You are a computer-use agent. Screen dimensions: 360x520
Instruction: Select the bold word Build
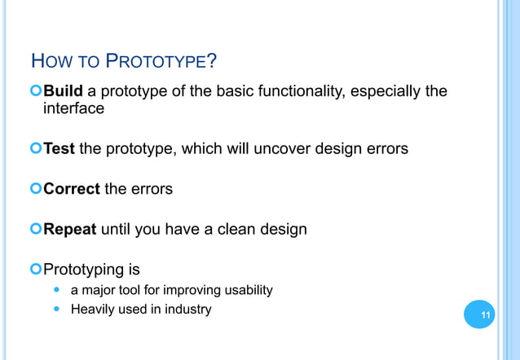pos(63,90)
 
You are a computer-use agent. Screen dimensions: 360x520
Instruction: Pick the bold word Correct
pos(71,189)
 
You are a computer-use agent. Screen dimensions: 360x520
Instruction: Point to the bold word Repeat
pos(69,230)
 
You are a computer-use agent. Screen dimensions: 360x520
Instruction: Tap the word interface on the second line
pos(73,108)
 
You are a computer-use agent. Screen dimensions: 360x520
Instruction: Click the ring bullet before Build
pos(35,91)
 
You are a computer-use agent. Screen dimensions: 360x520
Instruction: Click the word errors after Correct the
pos(151,189)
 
